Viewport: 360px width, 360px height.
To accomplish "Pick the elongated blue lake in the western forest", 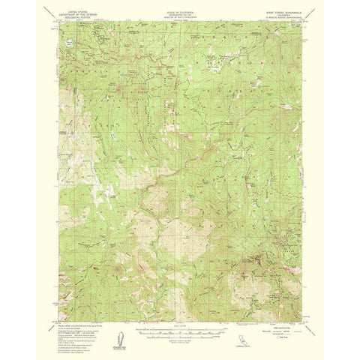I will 109,137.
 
